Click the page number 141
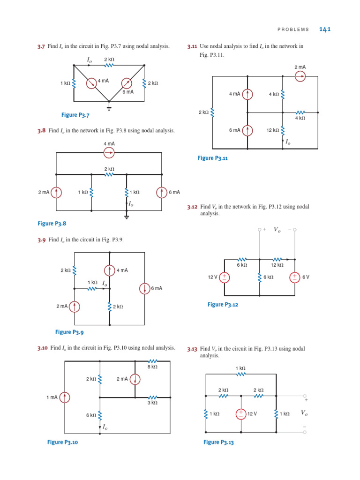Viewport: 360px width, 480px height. [x=325, y=29]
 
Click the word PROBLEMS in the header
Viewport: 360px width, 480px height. [x=293, y=30]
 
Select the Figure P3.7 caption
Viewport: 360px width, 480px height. [x=75, y=115]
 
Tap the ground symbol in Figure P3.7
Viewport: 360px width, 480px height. [x=109, y=107]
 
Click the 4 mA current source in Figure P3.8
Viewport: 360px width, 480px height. [x=109, y=152]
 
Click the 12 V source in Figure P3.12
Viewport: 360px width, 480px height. [x=224, y=277]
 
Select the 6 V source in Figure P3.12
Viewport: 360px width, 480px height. [x=294, y=277]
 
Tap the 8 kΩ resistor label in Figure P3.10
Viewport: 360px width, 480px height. [x=152, y=367]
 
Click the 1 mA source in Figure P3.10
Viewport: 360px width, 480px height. [x=64, y=397]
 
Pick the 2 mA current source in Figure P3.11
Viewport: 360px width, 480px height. [x=300, y=76]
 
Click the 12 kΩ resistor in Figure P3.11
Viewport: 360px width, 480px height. [x=283, y=130]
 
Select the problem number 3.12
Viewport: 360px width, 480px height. [x=192, y=206]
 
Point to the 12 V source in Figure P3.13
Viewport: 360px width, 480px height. [x=240, y=414]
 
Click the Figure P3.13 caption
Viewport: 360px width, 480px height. [x=218, y=442]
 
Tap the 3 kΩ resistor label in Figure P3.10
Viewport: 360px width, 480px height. [x=152, y=403]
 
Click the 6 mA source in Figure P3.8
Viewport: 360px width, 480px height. [x=162, y=192]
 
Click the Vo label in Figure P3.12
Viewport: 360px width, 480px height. [x=277, y=230]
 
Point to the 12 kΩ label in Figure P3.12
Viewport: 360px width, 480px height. [x=277, y=265]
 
